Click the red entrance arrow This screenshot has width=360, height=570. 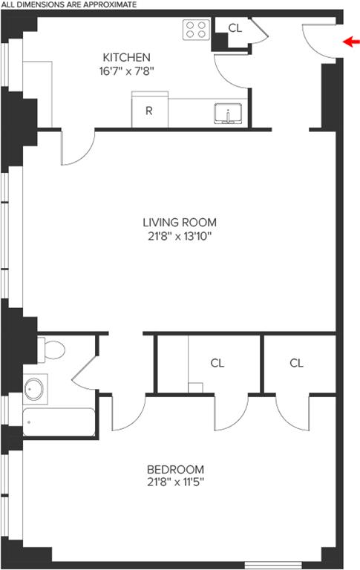coord(351,42)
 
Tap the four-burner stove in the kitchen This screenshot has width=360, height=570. coord(196,30)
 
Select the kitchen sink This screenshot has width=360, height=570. coord(228,114)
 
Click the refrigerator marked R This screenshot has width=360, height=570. coord(149,110)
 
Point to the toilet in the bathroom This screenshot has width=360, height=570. coord(51,350)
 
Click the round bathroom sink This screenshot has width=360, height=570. coord(35,389)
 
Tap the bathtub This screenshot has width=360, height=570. coord(59,422)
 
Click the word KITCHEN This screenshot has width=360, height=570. coord(126,57)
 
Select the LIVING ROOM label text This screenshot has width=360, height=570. coord(180,222)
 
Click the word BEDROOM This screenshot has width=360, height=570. coord(175,469)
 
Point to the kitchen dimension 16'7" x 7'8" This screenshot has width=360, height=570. coord(126,71)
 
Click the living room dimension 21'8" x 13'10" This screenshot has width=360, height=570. coord(180,237)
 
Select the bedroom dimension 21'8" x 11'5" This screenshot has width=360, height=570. coord(176,482)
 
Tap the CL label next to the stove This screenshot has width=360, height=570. coord(235,28)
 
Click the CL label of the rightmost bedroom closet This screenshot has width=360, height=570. coord(296,363)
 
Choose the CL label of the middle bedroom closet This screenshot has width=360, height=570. coord(217,363)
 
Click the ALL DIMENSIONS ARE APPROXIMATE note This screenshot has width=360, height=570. coord(69,4)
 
